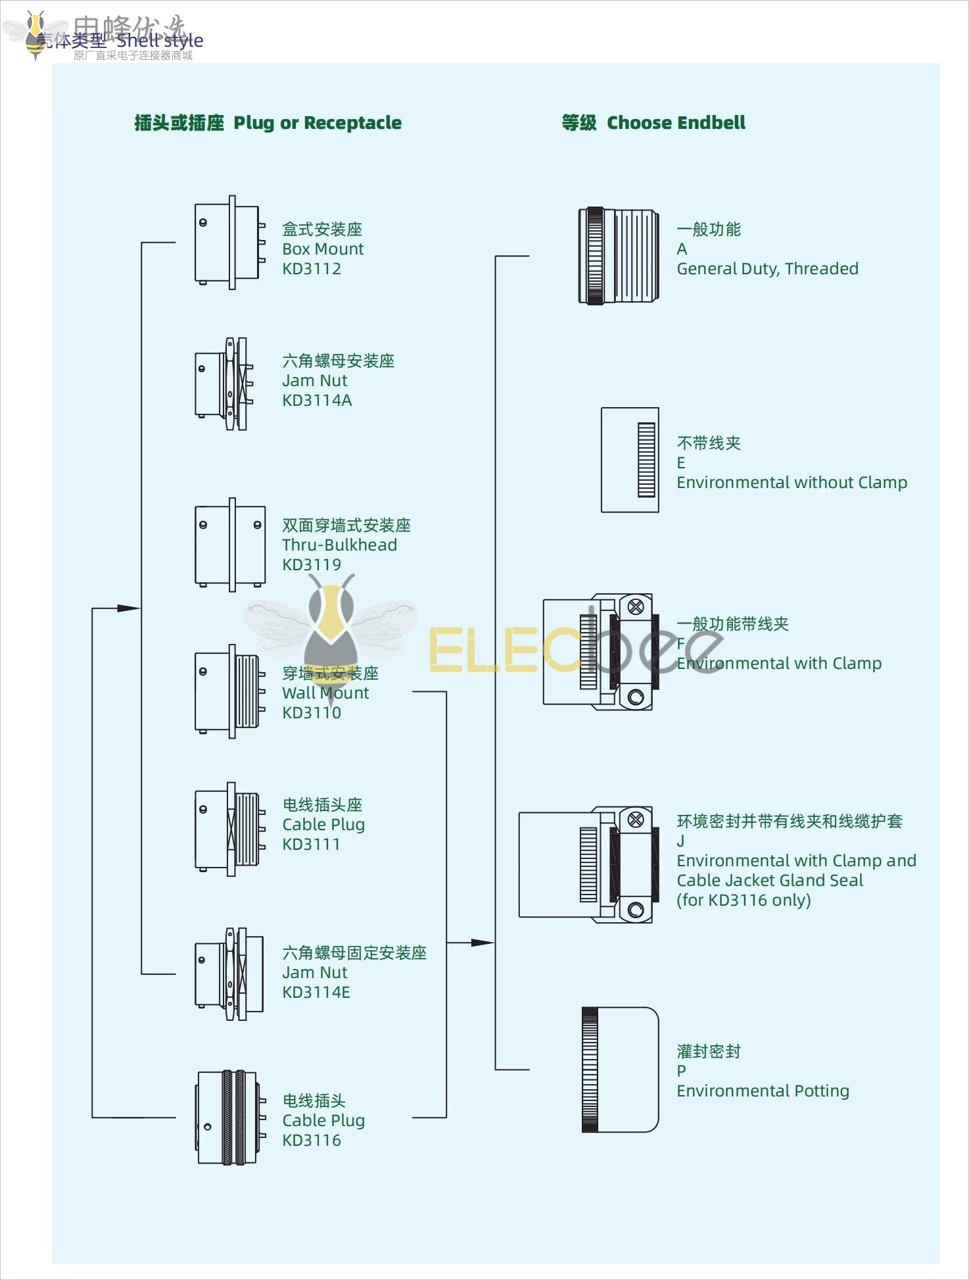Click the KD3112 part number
[312, 269]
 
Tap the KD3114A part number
[317, 401]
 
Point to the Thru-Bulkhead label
[339, 545]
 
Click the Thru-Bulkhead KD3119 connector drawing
[230, 545]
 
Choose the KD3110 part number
[312, 713]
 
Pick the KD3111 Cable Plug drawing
[230, 829]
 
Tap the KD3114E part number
[316, 993]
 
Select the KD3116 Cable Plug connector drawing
[229, 1118]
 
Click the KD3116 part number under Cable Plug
[312, 1141]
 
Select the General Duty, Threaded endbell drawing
[619, 256]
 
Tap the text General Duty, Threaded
[767, 269]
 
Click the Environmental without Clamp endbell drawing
[630, 460]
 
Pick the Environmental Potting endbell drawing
[620, 1070]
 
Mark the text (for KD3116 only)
[744, 900]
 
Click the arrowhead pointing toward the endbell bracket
[482, 943]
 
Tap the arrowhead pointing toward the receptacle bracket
[128, 608]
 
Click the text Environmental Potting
[763, 1091]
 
